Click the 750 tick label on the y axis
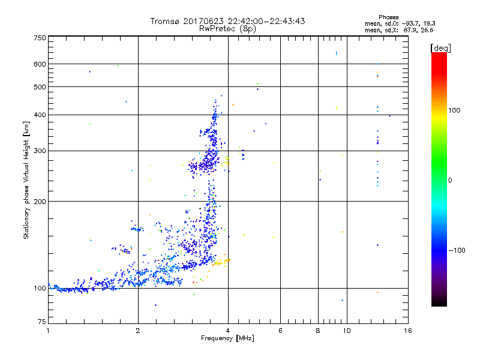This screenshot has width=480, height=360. (40, 37)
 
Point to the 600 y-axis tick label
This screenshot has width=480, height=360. (40, 64)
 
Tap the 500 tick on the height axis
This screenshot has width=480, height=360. (40, 87)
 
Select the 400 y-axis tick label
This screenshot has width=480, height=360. (40, 115)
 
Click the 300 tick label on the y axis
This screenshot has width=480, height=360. (40, 151)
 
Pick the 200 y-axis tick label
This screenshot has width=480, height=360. (40, 201)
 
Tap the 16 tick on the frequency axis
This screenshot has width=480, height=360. (407, 331)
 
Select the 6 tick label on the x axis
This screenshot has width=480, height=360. (281, 331)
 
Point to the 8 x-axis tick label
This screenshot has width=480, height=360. (318, 331)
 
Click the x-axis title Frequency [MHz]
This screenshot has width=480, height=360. (227, 339)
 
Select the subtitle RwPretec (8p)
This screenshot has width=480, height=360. (227, 28)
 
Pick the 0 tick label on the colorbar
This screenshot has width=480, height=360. (451, 180)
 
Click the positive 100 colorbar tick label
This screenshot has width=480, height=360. (455, 110)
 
